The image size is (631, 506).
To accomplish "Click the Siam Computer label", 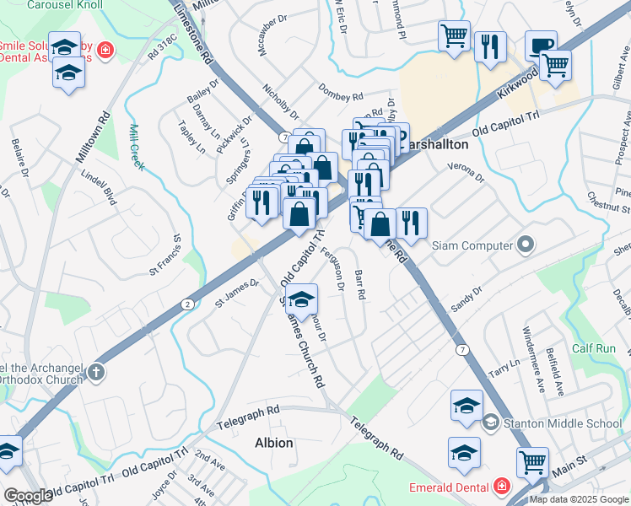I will [x=472, y=245].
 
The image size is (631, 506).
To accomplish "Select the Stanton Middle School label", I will [x=563, y=423].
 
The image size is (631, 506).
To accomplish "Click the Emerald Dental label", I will [x=449, y=487].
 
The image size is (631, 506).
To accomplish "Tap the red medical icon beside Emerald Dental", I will [x=501, y=487].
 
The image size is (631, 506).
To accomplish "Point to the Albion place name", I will [x=273, y=443].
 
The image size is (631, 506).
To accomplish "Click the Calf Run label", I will [x=594, y=348].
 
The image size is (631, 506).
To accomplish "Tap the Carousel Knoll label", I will [x=64, y=5].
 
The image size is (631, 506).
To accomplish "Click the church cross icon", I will [x=97, y=372].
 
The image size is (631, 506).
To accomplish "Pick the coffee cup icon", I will [x=541, y=45].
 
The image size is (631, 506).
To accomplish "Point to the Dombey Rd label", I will [x=340, y=91].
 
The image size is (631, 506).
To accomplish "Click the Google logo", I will [x=28, y=496].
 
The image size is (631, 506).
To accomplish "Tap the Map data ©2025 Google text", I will [x=579, y=499].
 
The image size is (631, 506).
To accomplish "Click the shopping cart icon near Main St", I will [x=532, y=461].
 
